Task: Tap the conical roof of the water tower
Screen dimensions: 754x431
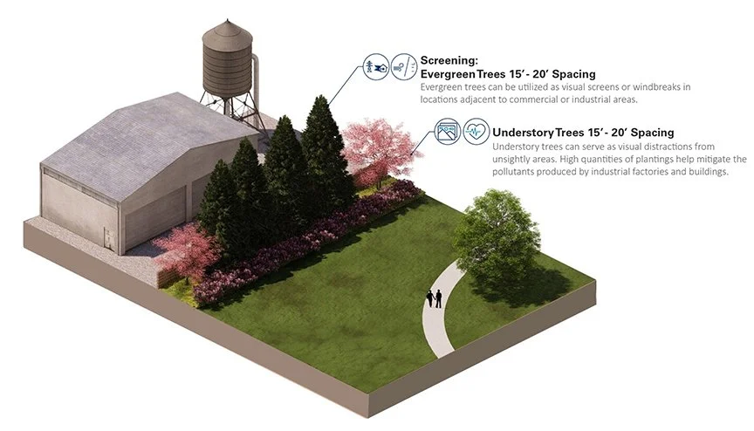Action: (227, 32)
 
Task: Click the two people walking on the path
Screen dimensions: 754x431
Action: (434, 298)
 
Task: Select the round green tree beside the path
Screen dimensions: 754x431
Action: (497, 235)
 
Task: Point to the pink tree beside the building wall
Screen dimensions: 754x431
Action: (185, 250)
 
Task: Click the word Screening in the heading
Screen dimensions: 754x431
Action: (449, 60)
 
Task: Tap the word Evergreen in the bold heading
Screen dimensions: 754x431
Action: (451, 74)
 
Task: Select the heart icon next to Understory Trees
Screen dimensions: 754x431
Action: (473, 133)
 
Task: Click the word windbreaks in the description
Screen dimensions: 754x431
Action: (665, 87)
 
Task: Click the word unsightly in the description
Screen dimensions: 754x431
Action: (517, 160)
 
